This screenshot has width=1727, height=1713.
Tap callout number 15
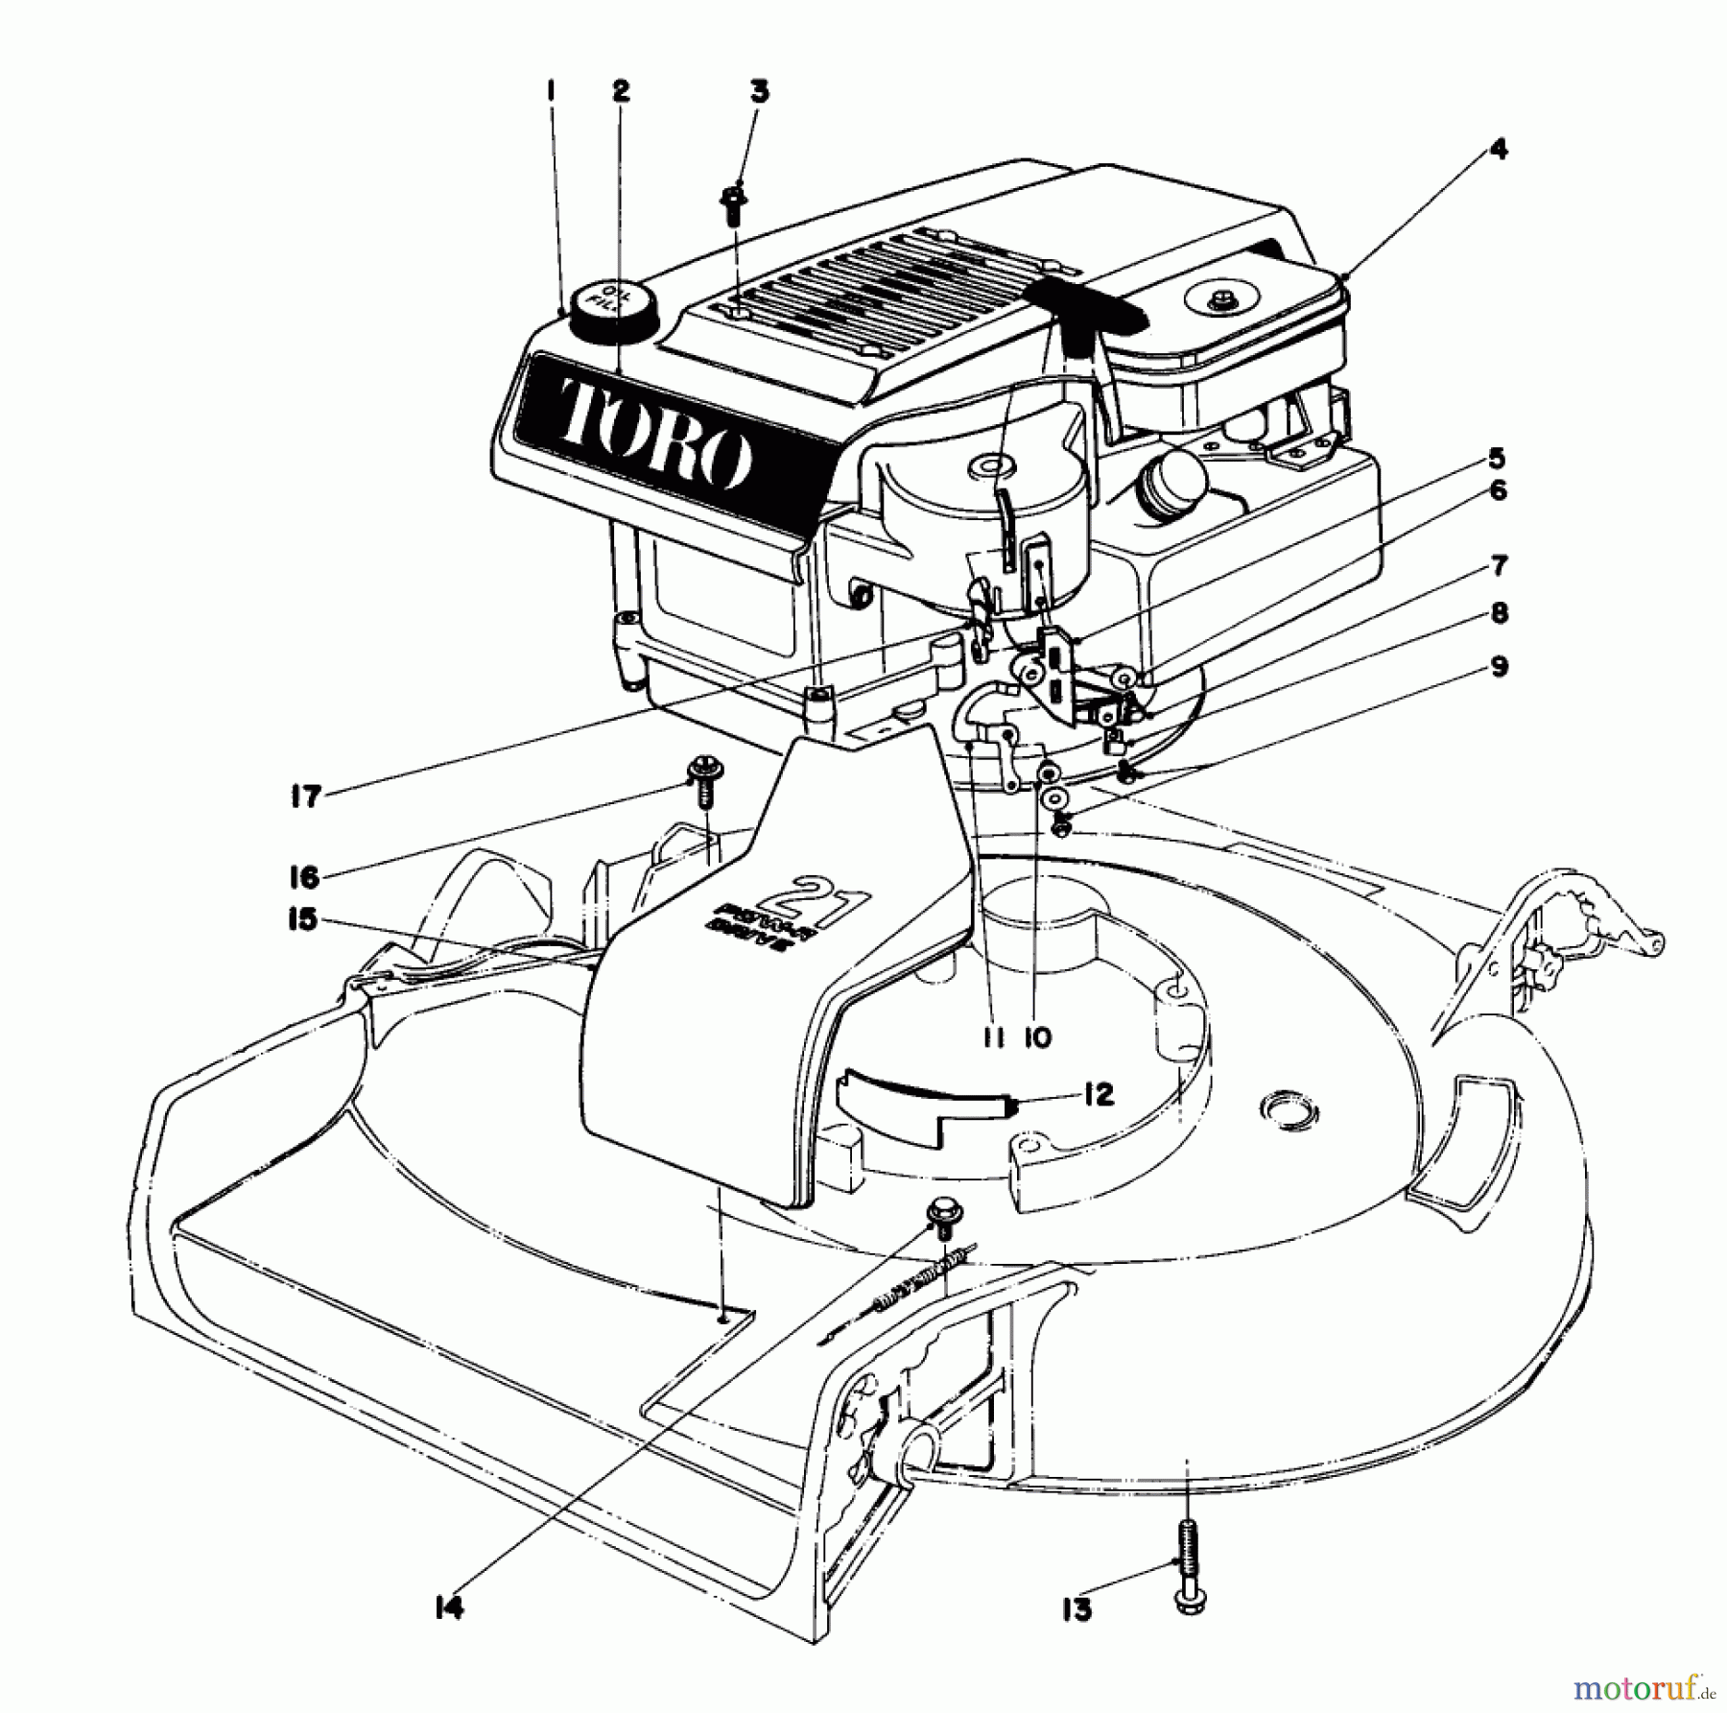(x=302, y=919)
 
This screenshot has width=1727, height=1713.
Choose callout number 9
(x=1498, y=667)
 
